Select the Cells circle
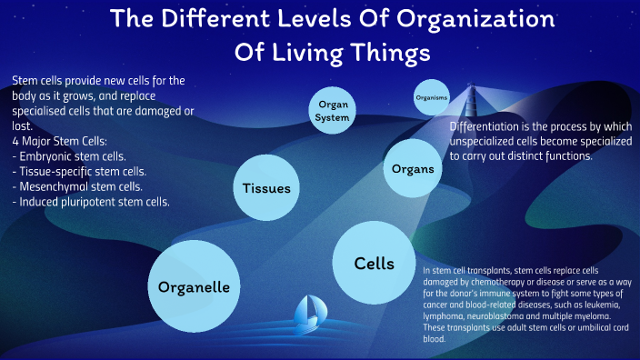(375, 263)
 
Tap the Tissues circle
(266, 188)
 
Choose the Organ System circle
(333, 111)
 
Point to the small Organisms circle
(431, 97)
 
